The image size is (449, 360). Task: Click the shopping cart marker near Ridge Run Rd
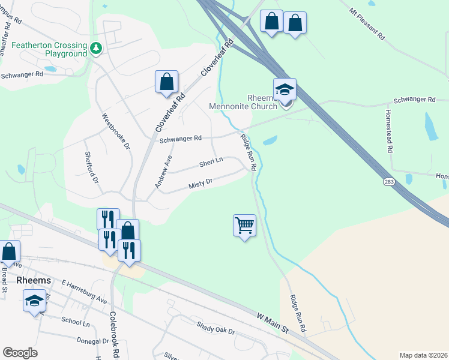pos(244,226)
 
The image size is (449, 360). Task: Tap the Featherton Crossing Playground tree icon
pos(95,47)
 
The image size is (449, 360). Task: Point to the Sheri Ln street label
pos(211,161)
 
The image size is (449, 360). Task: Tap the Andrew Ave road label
pos(163,172)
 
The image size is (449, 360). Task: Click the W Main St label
pos(273,322)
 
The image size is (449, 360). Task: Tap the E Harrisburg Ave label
pos(83,291)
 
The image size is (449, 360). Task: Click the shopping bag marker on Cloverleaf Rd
pos(166,82)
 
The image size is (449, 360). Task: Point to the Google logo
pos(20,353)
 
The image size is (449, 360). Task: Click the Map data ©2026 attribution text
pos(423,355)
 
